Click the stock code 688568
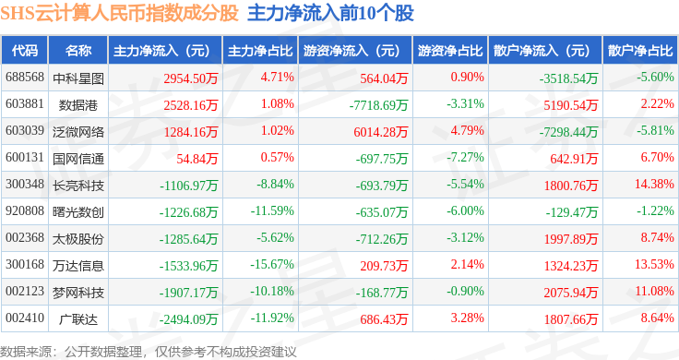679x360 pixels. click(25, 78)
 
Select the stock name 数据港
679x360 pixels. click(78, 105)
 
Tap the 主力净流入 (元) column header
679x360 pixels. click(161, 51)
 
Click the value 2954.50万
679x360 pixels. click(191, 78)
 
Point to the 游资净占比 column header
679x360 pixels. click(450, 51)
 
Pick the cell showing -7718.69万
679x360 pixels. click(378, 105)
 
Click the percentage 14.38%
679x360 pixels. click(654, 184)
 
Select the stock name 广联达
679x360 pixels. click(78, 319)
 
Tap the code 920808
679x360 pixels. click(25, 211)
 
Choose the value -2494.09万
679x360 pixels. click(188, 319)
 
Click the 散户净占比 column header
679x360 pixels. click(640, 51)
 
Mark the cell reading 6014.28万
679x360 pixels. click(381, 132)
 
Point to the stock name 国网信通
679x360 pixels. click(78, 159)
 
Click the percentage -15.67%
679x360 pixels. click(272, 264)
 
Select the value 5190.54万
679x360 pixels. click(571, 105)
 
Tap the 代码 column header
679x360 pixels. click(25, 51)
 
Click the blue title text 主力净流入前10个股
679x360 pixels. click(330, 13)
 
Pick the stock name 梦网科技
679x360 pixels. click(78, 293)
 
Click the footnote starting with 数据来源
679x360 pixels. click(149, 352)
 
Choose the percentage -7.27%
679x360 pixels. click(465, 157)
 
